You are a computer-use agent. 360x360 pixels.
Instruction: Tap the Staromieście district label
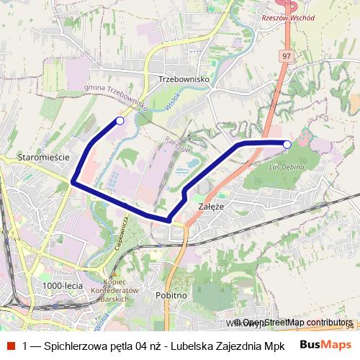42,156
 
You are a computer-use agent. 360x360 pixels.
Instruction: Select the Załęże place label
211,207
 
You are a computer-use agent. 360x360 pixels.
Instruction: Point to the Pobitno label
171,296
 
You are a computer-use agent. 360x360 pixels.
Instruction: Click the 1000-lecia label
63,286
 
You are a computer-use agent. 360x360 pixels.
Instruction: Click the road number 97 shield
287,56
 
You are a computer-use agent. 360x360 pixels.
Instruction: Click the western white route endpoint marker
120,121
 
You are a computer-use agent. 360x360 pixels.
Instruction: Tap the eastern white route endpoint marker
287,145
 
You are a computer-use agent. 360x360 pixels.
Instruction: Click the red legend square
10,345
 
